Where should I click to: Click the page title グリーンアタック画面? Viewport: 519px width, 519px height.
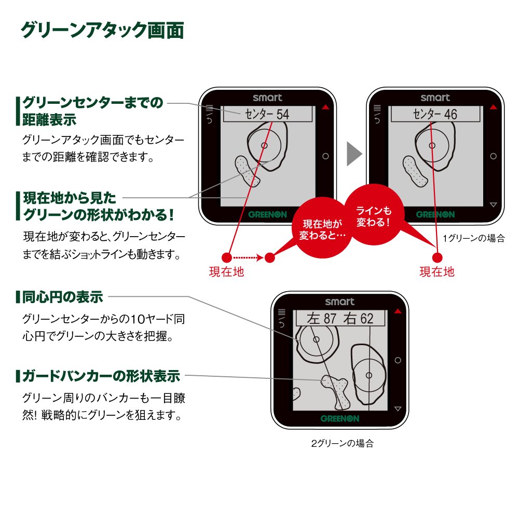(x=102, y=31)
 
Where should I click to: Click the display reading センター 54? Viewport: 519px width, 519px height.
(x=268, y=115)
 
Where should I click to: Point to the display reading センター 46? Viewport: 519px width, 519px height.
(x=435, y=115)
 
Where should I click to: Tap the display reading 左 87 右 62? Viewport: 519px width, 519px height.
(x=340, y=318)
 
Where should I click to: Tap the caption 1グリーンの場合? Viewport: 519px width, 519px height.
(x=474, y=239)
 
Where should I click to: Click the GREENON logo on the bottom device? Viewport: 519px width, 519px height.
(x=340, y=418)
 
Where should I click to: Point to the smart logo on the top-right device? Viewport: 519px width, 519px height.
(x=435, y=98)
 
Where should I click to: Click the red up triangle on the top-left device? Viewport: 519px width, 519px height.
(x=325, y=108)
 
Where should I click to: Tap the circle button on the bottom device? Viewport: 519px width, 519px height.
(x=398, y=360)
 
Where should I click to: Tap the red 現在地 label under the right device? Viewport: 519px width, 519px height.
(x=437, y=271)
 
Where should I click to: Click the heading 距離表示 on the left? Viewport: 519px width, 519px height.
(x=49, y=119)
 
